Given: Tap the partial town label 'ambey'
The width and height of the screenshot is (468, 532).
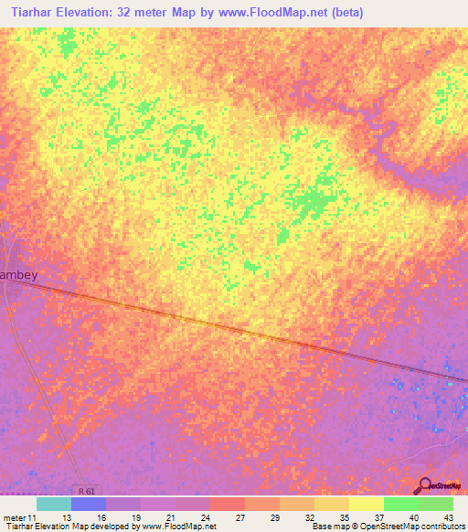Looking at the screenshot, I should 21,273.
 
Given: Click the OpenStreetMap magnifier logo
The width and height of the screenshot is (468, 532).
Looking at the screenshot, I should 424,485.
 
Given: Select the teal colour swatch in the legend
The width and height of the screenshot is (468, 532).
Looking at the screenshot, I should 54,504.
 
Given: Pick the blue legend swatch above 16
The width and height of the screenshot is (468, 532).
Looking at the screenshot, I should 89,504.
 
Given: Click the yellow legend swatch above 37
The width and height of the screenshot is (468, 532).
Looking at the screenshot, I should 366,504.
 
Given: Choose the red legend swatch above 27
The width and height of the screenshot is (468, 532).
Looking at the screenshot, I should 228,504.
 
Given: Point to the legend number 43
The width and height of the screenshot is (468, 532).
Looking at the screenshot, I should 447,516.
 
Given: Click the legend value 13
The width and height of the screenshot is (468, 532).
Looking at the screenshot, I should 67,516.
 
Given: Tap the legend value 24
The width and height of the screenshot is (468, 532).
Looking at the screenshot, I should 206,516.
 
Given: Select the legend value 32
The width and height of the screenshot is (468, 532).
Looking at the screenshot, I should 310,516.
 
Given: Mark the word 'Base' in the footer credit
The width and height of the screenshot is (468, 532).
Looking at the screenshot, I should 322,527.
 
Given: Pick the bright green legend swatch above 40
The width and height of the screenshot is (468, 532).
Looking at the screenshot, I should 400,504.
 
